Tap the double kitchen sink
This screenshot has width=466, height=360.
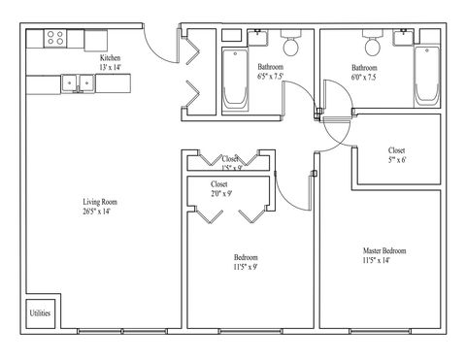(x=77, y=83)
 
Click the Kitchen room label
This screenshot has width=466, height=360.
(x=110, y=58)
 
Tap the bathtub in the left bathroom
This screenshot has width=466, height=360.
(x=235, y=78)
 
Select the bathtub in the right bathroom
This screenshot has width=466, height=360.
(x=426, y=78)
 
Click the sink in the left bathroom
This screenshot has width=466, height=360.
(x=258, y=39)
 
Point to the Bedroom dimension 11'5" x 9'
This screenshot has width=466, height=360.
(x=245, y=267)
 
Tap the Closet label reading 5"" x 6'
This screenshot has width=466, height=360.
(x=396, y=161)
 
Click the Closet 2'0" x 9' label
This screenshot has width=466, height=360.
(x=220, y=192)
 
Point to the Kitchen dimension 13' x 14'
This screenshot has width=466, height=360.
(x=110, y=68)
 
